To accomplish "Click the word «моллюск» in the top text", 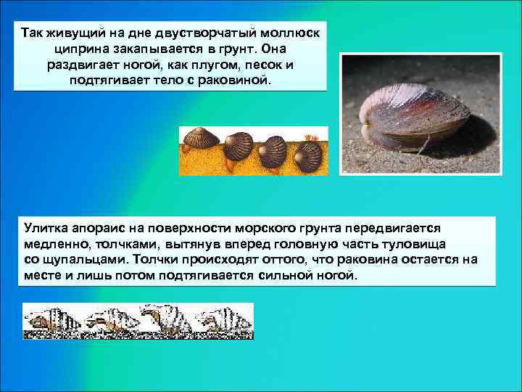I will tap(291, 33).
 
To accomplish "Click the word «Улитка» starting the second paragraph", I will tap(45, 229).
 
